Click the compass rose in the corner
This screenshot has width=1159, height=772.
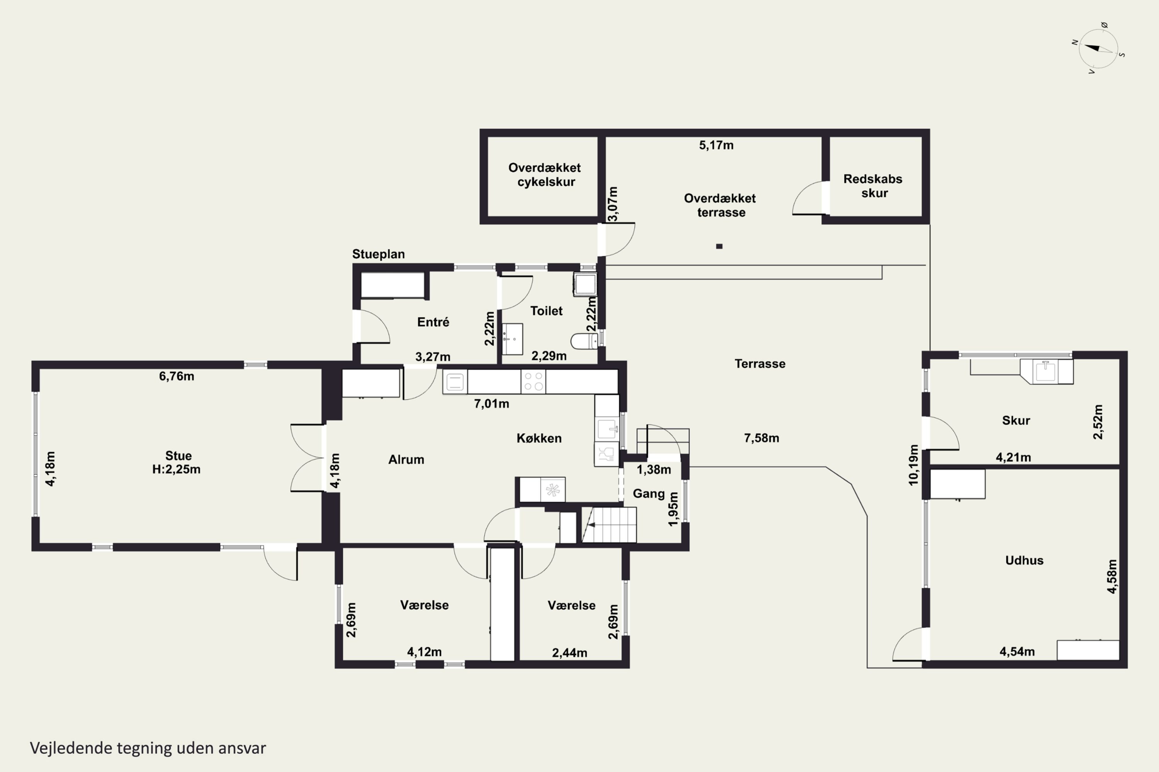pos(1098,49)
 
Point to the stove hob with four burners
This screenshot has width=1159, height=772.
pos(533,382)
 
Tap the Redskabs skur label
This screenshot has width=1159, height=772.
pos(873,186)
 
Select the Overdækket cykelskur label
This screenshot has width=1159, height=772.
pos(545,175)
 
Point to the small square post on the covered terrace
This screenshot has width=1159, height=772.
pos(719,246)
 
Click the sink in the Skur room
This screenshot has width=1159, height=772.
pos(1046,371)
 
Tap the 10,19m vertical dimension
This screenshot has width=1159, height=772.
pos(914,465)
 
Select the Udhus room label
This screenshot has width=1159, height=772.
pos(1025,560)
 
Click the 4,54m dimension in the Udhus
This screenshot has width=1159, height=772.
pos(1017,652)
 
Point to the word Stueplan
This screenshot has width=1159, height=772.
pos(379,254)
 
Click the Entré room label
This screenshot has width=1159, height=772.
pos(433,322)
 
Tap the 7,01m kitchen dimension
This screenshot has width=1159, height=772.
pos(491,404)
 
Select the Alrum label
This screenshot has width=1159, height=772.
pos(406,459)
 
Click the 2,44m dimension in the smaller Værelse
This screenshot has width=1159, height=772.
pos(569,653)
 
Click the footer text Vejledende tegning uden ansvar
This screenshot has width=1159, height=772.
pos(148,748)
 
